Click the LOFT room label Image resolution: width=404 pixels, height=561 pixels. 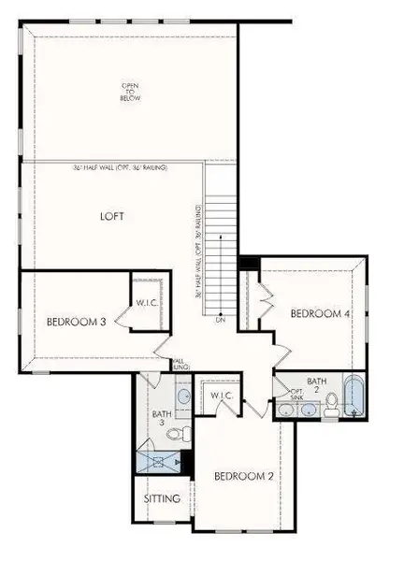point(112,216)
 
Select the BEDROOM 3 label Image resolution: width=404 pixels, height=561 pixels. point(75,322)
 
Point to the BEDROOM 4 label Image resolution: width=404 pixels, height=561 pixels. point(320,314)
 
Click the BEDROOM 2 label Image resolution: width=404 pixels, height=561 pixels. point(243,476)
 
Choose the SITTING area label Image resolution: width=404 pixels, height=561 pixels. point(162,498)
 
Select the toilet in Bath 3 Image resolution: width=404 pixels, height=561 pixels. point(185,433)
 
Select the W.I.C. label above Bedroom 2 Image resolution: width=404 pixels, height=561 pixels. point(221,396)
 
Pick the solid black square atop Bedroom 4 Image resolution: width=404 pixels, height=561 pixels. point(248,263)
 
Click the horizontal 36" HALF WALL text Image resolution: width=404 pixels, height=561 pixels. point(118,167)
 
